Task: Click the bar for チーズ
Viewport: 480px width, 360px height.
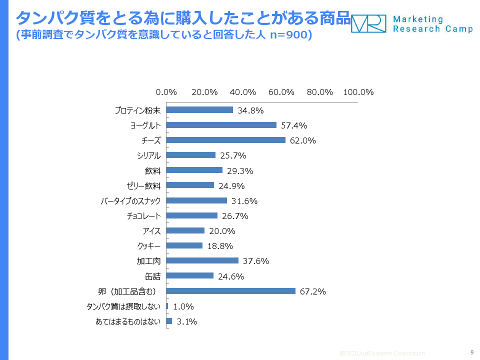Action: tap(225, 140)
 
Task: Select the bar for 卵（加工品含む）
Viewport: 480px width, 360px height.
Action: tap(230, 290)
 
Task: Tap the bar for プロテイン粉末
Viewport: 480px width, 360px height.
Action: tap(199, 110)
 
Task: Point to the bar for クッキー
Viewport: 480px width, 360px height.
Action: tap(184, 245)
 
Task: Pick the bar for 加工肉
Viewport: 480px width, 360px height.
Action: tap(202, 260)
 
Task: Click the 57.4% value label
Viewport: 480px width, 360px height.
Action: tap(294, 125)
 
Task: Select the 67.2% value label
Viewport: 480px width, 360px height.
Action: tap(313, 291)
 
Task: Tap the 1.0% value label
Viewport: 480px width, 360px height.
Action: tap(183, 306)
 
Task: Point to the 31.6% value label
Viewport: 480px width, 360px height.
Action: tap(244, 201)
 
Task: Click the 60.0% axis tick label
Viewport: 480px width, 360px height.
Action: tap(281, 92)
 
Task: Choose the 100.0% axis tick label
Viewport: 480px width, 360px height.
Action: tap(358, 92)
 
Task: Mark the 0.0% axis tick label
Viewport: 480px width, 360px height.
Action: tap(166, 92)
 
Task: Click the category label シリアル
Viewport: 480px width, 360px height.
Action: tap(149, 155)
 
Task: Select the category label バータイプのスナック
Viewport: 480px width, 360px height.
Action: tap(131, 201)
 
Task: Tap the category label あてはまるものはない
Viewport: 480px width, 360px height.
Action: tap(128, 321)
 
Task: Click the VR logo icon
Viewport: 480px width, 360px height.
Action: tap(368, 23)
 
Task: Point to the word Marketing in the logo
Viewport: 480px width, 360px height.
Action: tap(418, 19)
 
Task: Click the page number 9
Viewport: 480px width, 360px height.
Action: tap(472, 352)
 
